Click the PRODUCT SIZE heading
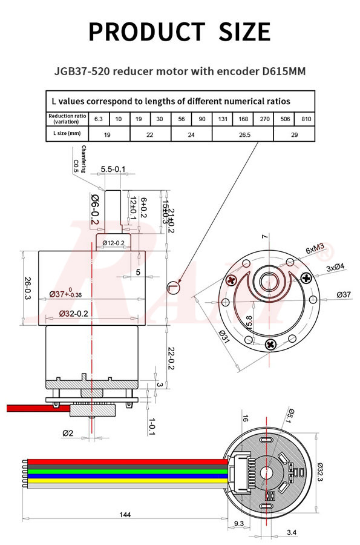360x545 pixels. [x=180, y=31]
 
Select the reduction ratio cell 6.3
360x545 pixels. [x=98, y=119]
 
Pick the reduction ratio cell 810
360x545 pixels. [x=306, y=119]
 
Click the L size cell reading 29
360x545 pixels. [x=294, y=134]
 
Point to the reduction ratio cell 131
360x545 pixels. [x=222, y=119]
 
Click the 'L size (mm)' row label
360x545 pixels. [x=67, y=134]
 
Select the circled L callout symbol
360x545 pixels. [x=174, y=286]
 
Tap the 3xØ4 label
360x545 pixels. [x=335, y=266]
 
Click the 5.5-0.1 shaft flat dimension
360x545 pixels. [x=113, y=169]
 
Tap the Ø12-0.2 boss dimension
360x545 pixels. [x=114, y=243]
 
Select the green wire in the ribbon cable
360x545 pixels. [x=121, y=469]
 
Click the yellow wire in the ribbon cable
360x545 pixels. [x=121, y=480]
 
